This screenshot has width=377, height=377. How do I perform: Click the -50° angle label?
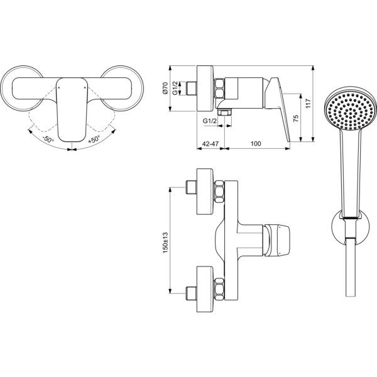point(48,139)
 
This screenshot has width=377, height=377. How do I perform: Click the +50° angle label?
point(94,139)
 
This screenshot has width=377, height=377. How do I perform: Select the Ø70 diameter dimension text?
point(165,88)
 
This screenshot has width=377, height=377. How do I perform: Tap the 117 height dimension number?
point(309,103)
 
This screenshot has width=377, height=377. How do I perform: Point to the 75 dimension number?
point(296,118)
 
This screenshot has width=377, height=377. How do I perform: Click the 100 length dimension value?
point(256,143)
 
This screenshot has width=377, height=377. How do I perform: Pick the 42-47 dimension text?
point(210,143)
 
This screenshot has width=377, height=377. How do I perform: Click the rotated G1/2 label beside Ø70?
point(175,88)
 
